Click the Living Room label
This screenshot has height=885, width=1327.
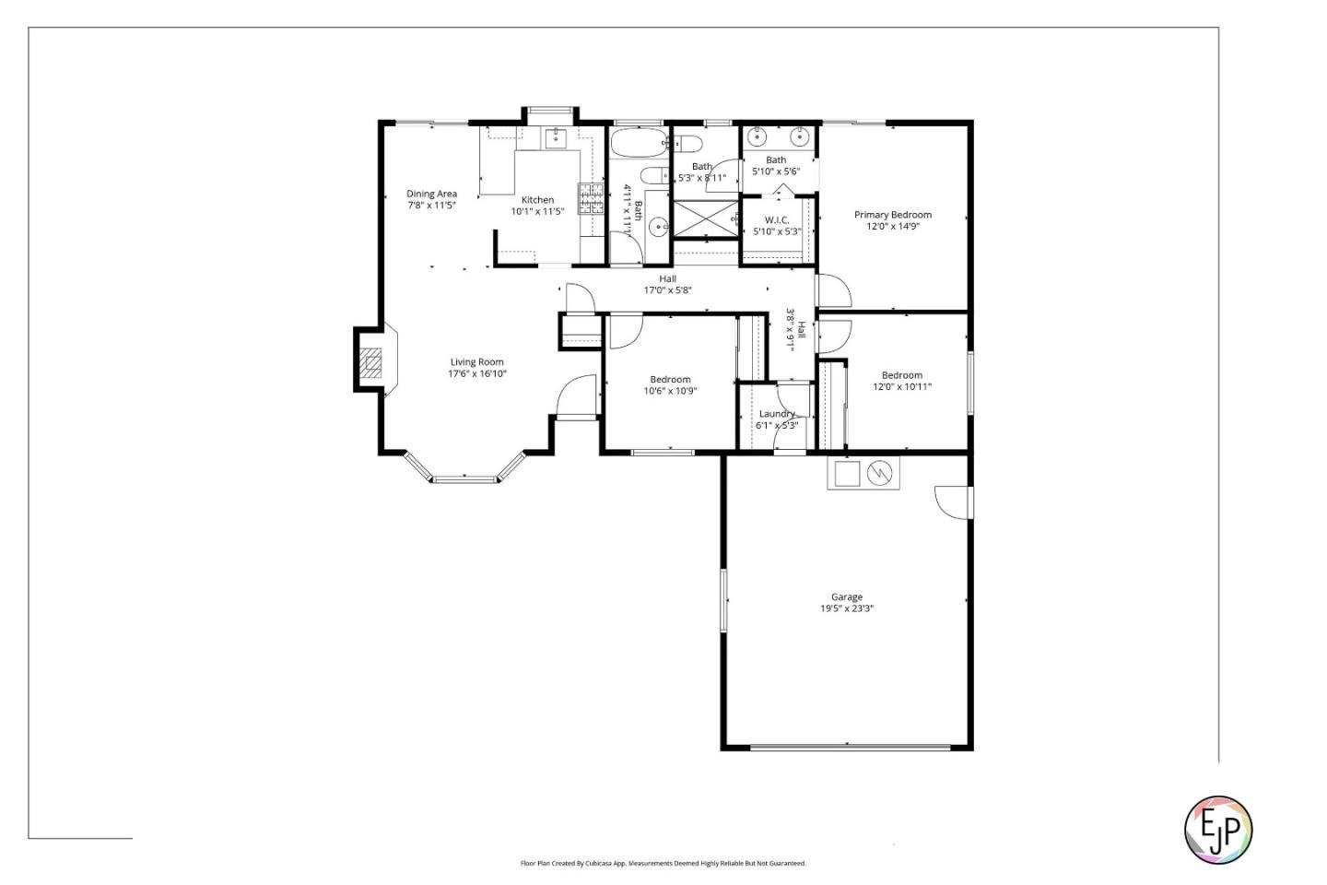click(x=476, y=362)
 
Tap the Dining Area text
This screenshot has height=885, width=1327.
click(x=431, y=194)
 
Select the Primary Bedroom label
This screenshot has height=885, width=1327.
click(x=892, y=215)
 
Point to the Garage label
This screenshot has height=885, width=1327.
click(x=846, y=597)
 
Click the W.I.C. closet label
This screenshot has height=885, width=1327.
click(x=776, y=220)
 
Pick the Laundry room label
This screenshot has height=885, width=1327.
click(x=776, y=414)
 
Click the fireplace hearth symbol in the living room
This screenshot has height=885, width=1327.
click(x=370, y=363)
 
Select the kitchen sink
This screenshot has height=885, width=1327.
click(x=555, y=139)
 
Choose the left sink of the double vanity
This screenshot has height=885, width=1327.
click(x=757, y=138)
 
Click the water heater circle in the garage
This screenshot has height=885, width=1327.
click(x=882, y=473)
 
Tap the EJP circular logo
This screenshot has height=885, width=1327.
click(x=1217, y=830)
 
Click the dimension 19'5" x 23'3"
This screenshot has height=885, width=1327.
click(x=846, y=608)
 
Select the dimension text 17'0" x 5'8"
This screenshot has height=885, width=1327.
click(x=667, y=290)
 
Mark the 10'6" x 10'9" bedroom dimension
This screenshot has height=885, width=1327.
click(x=670, y=391)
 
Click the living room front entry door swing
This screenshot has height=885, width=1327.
click(x=579, y=397)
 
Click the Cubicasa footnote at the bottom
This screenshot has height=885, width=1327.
click(x=663, y=864)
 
